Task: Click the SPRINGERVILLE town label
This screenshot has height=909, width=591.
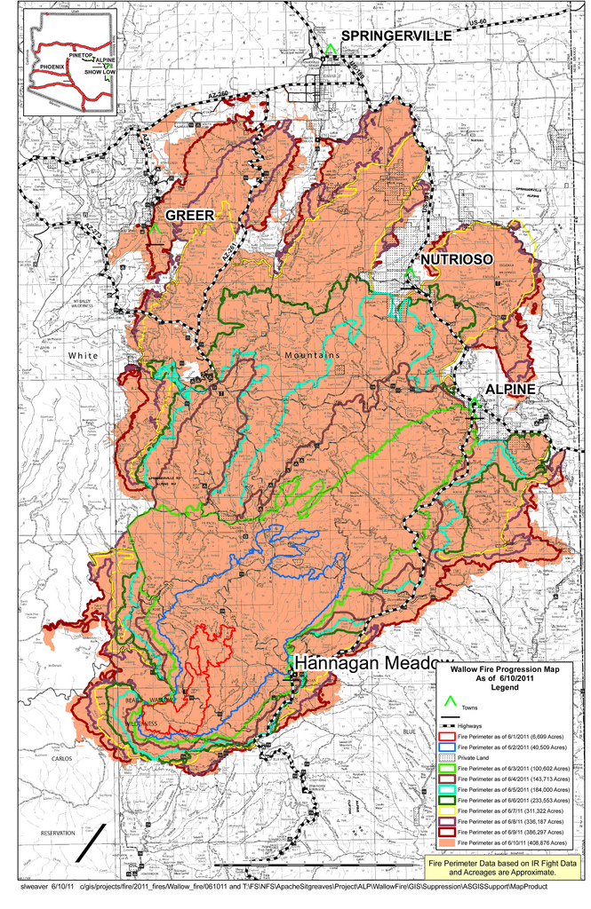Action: click(x=396, y=36)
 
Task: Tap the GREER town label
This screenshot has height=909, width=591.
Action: click(x=189, y=216)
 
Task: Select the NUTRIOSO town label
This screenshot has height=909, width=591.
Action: click(x=457, y=258)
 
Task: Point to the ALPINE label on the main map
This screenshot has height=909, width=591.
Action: click(x=509, y=390)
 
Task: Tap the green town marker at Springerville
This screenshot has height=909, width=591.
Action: click(x=329, y=51)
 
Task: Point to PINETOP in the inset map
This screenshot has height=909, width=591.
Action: click(x=83, y=54)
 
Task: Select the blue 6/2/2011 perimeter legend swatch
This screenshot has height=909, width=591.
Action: click(x=447, y=748)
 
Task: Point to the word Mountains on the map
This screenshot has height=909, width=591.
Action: click(x=312, y=355)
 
